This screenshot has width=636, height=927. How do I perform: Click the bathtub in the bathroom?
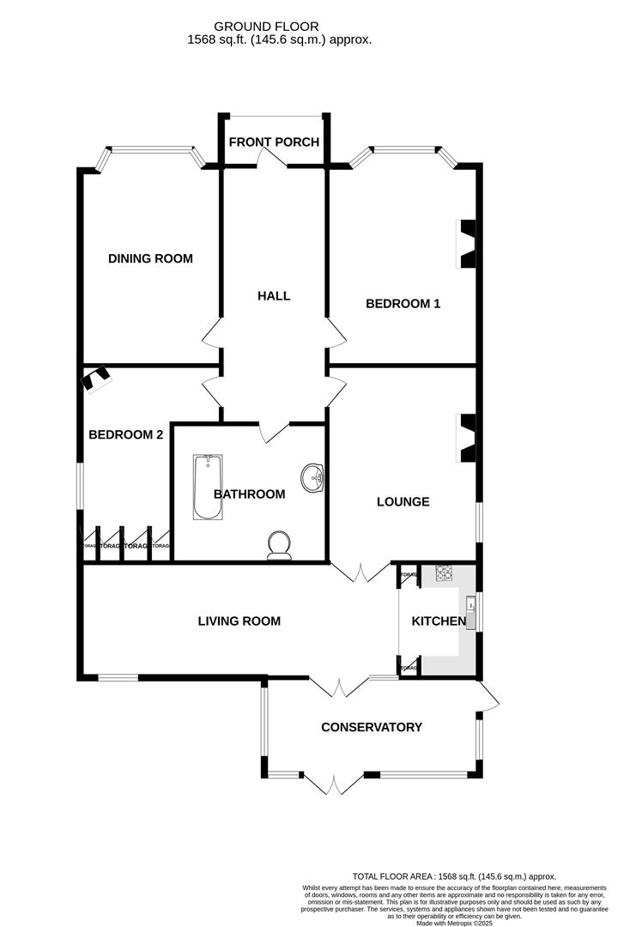coord(208,488)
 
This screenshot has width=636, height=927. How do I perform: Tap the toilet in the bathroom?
coord(280,546)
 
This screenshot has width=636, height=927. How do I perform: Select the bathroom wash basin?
coord(312,478)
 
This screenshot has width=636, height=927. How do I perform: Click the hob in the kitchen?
coord(444,573)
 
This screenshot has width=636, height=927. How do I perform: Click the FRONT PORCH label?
coord(274,142)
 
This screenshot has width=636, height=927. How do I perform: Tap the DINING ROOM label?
coord(150,258)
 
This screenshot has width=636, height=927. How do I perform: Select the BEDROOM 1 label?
coord(403,303)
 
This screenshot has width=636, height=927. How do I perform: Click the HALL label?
coord(274,296)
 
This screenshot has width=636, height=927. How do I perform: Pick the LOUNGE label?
coord(403,501)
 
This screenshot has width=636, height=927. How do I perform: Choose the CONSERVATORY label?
coord(371,727)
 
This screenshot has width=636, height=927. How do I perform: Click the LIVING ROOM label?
coord(239,621)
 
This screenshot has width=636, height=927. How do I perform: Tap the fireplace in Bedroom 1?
coord(467,245)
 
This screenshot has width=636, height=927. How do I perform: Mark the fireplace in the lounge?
coord(467,439)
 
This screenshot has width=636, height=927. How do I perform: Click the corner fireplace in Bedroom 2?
coord(95,379)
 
